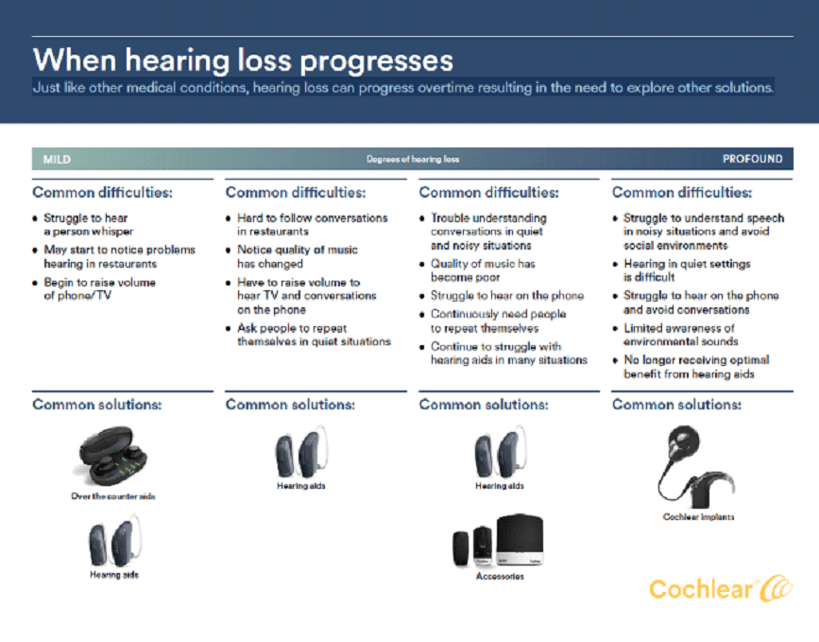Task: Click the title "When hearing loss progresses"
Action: [x=243, y=61]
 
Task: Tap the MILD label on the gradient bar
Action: [x=57, y=160]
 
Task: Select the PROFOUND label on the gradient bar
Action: [x=752, y=159]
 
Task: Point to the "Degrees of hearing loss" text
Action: [x=413, y=159]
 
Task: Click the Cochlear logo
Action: [x=721, y=589]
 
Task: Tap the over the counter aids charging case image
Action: [x=112, y=456]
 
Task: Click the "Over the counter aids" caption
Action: [x=113, y=496]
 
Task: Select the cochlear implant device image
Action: [x=697, y=467]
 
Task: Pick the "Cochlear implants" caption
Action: [x=698, y=516]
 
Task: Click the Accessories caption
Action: [x=500, y=576]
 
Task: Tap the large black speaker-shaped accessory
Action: [x=520, y=539]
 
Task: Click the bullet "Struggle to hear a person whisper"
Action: [x=88, y=225]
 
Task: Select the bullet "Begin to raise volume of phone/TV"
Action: [x=100, y=289]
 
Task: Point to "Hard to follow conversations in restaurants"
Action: [x=313, y=225]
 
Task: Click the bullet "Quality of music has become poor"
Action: [x=483, y=270]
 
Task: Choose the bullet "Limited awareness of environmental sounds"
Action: [x=680, y=335]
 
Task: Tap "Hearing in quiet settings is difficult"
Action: [x=687, y=270]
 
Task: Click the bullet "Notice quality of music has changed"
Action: [x=298, y=256]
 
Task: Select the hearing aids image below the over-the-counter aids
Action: [x=115, y=541]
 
